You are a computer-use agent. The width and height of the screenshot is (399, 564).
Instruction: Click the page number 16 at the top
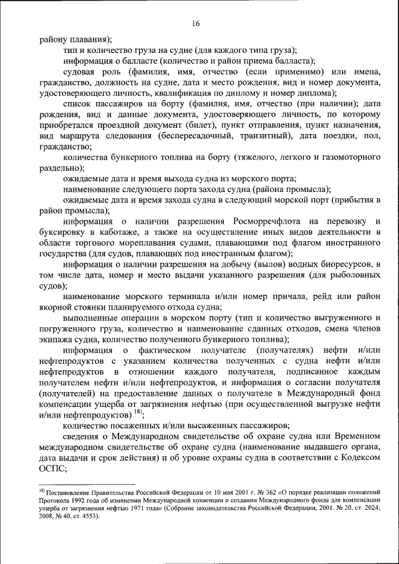tap(195, 24)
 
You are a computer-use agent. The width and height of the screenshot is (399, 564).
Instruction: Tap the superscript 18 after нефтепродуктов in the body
tap(137, 412)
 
